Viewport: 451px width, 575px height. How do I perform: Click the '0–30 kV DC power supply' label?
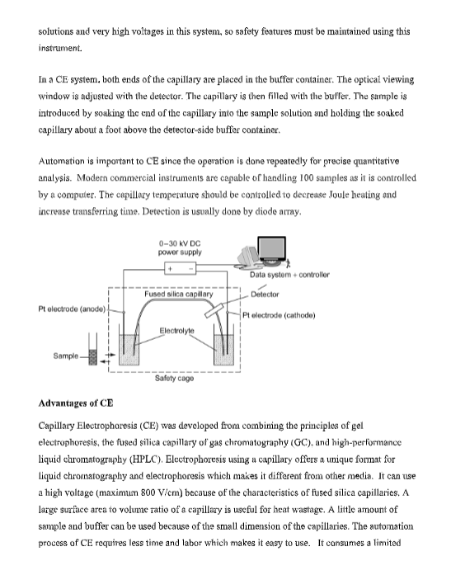(x=180, y=247)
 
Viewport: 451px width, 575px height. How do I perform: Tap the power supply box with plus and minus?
(x=181, y=268)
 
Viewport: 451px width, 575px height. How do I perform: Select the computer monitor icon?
(x=271, y=251)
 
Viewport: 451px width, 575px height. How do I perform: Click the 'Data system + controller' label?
(x=289, y=275)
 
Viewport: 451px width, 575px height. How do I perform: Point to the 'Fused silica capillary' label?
(x=178, y=295)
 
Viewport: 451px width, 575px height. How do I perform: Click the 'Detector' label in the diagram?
(x=265, y=295)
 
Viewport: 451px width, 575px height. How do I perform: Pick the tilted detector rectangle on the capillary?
(x=214, y=310)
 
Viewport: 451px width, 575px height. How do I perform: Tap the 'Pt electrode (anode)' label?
(x=72, y=309)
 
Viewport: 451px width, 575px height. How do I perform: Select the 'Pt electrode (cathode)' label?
(x=279, y=315)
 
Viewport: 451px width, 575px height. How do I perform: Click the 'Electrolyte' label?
(x=176, y=331)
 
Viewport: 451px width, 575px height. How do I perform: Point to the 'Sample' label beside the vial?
(x=66, y=356)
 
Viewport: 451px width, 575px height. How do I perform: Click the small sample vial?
(x=93, y=350)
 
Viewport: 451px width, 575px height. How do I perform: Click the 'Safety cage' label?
(x=174, y=379)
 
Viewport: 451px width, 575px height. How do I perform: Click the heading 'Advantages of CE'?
(x=76, y=403)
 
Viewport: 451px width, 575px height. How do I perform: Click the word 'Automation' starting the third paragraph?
(x=62, y=162)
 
